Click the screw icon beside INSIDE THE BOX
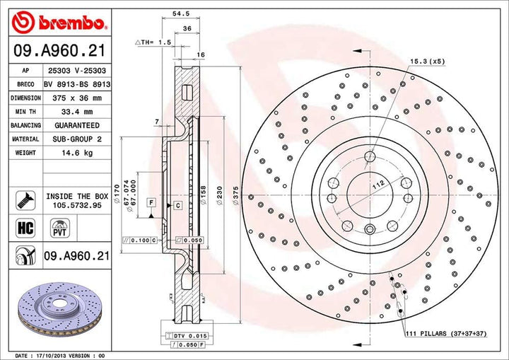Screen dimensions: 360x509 [x=24, y=199]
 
